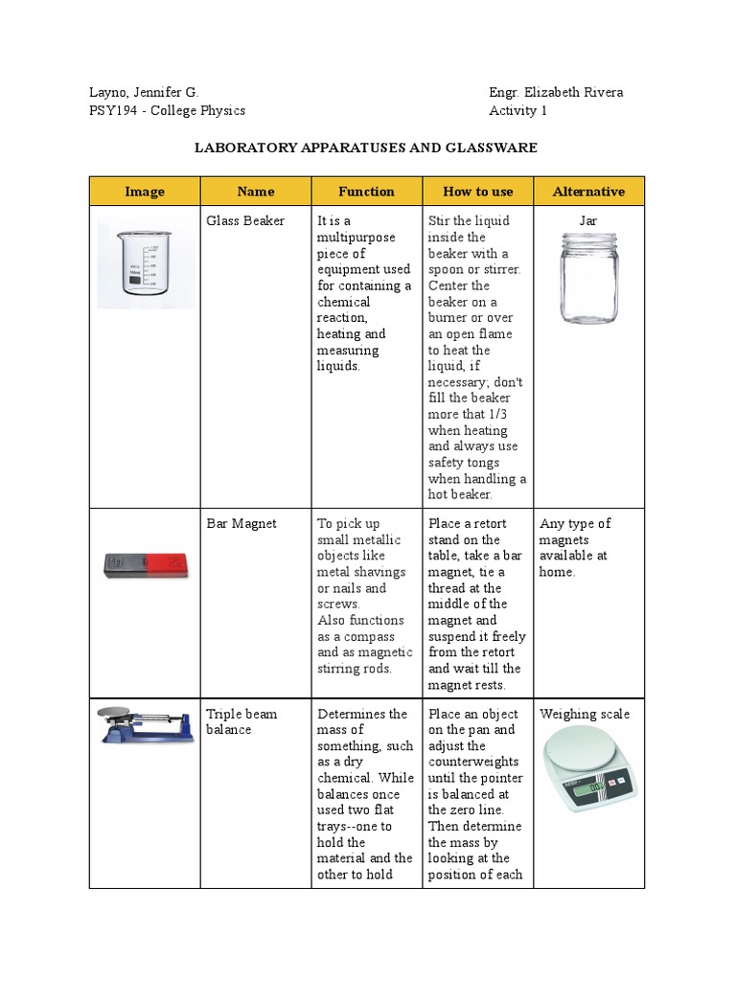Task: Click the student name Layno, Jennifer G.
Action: click(x=143, y=92)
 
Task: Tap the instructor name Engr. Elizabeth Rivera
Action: click(x=556, y=92)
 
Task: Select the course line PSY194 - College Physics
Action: click(x=167, y=110)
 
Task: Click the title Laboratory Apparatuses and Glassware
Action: click(x=366, y=148)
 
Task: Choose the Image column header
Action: click(x=144, y=192)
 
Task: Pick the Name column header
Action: click(x=256, y=192)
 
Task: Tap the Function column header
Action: click(x=366, y=192)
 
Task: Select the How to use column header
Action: click(x=477, y=192)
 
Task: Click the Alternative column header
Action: click(x=588, y=192)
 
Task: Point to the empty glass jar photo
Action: click(x=588, y=278)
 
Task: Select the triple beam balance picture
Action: click(x=144, y=725)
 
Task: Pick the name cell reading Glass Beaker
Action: click(x=245, y=220)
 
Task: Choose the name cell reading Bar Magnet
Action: click(x=241, y=523)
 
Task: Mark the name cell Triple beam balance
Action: click(x=241, y=721)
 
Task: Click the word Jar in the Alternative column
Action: click(x=588, y=220)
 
